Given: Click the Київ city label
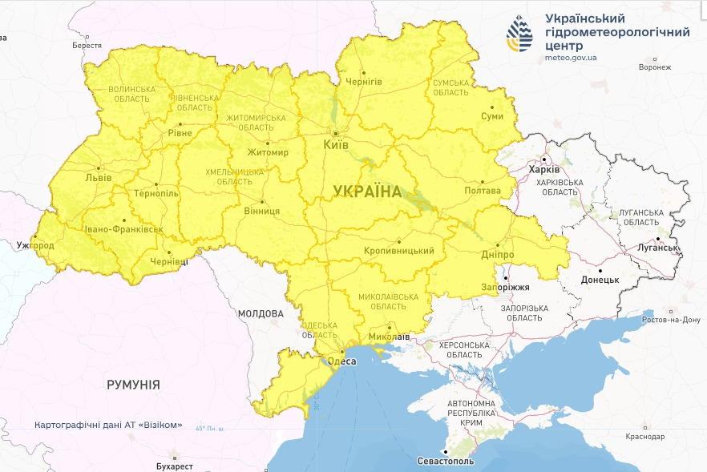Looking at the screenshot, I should (x=335, y=145).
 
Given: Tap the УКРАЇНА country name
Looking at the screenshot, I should (x=366, y=191).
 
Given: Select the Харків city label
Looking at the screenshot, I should (x=544, y=170).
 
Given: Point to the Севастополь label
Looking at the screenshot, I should (x=446, y=462).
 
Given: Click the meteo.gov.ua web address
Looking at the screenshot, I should (x=570, y=57).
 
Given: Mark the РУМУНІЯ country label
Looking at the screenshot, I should (x=133, y=385).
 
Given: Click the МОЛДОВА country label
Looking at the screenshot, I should (x=260, y=313).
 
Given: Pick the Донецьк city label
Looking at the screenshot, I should (x=600, y=280).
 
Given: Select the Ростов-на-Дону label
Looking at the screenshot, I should (x=670, y=320).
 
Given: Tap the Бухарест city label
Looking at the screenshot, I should (x=175, y=466).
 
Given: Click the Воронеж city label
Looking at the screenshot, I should (x=654, y=67).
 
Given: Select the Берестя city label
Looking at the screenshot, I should (x=87, y=46).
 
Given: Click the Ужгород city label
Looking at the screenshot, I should (x=34, y=244).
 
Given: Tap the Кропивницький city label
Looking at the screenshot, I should (x=398, y=251).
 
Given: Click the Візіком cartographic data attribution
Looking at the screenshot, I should (x=108, y=425).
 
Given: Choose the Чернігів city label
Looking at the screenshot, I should (x=363, y=82).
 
